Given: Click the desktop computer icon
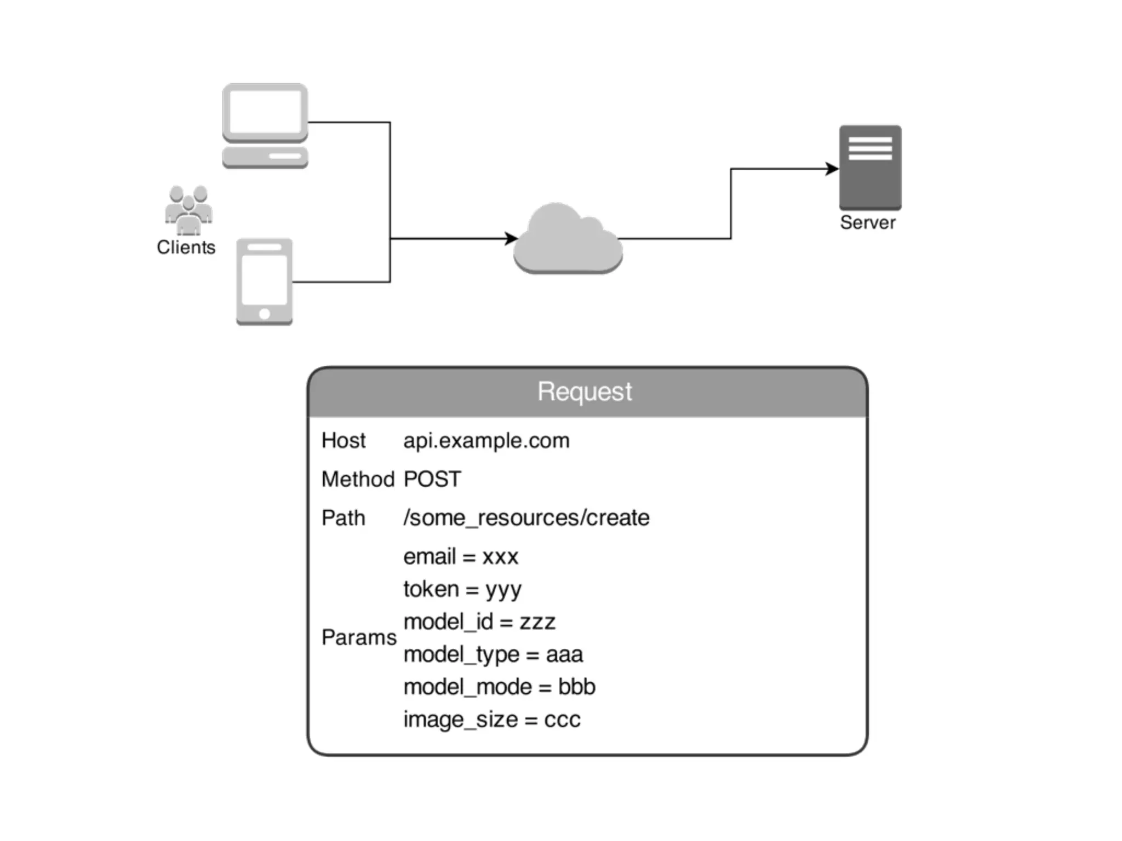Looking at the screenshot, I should click(x=265, y=125).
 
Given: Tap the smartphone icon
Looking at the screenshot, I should click(x=264, y=281).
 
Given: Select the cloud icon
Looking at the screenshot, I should click(x=568, y=241).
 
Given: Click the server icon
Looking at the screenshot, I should click(x=870, y=168).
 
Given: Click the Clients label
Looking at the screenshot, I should click(x=186, y=247).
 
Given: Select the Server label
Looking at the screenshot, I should click(x=868, y=223).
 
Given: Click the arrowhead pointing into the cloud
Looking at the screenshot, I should click(x=512, y=239).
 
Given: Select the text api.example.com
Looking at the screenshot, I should click(x=486, y=441).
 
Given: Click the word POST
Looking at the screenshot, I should click(x=432, y=480).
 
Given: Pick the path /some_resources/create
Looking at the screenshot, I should click(x=526, y=518).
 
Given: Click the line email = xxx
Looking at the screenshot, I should click(x=460, y=557).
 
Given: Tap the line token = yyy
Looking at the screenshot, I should click(x=462, y=590).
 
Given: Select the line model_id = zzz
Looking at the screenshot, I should click(x=479, y=622).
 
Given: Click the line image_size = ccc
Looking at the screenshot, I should click(x=491, y=719).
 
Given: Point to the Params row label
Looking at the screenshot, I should click(x=359, y=637).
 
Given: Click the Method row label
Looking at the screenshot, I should click(x=358, y=480).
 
